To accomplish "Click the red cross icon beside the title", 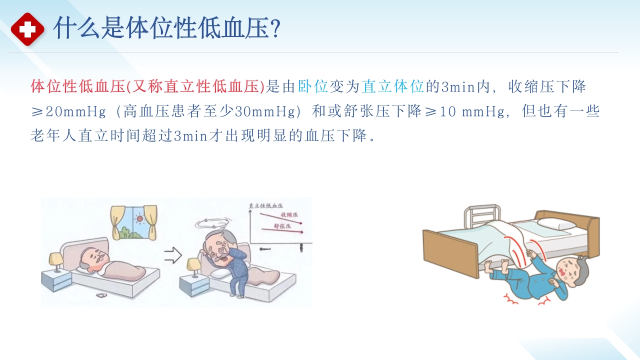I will click(x=27, y=29).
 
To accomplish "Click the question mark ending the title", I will click(x=274, y=29).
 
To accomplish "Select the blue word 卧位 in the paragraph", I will click(x=313, y=87).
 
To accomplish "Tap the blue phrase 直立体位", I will click(x=393, y=87).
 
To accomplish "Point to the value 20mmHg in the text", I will click(x=75, y=111).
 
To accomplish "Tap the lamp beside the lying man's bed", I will click(x=56, y=260).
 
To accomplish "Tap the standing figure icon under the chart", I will click(x=301, y=247).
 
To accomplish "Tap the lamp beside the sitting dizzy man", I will click(x=194, y=265).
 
